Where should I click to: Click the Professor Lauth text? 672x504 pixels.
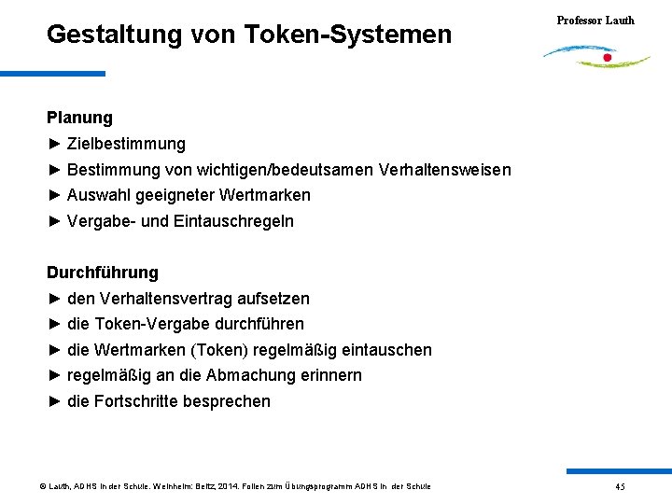[595, 20]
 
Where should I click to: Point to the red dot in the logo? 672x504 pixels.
[608, 58]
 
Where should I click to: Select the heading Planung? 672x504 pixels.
[79, 118]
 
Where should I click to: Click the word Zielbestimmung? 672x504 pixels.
[126, 144]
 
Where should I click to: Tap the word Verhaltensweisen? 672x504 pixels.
[445, 170]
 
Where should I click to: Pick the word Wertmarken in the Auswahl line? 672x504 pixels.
[265, 195]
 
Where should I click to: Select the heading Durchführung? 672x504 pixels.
[103, 273]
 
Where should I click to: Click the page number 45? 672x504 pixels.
[620, 486]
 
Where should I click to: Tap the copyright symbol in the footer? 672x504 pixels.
[42, 486]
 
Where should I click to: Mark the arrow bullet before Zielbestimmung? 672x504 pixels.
[54, 144]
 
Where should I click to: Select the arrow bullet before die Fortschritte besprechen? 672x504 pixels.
[54, 401]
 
